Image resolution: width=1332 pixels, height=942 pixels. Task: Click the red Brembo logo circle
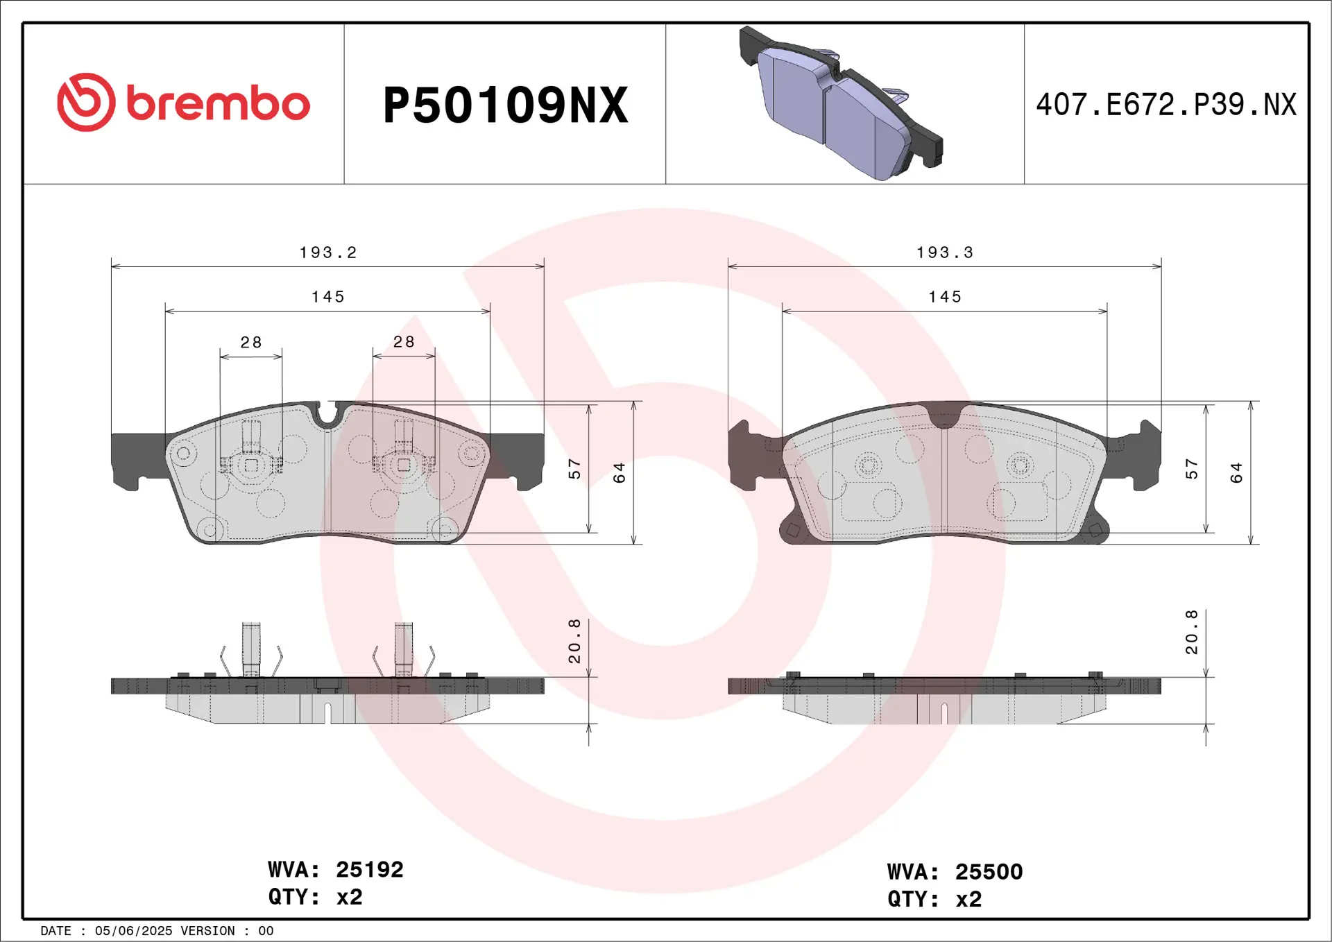pos(86,103)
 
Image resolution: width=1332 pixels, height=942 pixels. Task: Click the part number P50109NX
pos(505,105)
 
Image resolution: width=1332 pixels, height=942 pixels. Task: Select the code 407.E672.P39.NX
pos(1165,105)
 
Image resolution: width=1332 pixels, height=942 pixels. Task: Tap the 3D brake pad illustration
pos(841,104)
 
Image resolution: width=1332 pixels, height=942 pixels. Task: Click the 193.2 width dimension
pos(327,252)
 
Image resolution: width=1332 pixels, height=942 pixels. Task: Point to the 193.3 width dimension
pos(944,252)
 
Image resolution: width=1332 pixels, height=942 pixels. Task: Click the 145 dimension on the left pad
pos(327,297)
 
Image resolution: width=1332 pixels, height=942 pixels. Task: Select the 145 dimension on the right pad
pos(944,297)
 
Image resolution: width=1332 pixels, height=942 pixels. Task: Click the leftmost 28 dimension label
pos(250,342)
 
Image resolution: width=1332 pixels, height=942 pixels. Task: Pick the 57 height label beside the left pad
pos(574,469)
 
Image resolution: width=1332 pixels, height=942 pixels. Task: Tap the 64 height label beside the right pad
pos(1236,473)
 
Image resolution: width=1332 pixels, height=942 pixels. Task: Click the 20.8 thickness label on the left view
pos(574,642)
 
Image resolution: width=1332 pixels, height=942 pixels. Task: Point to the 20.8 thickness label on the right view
pos(1191,633)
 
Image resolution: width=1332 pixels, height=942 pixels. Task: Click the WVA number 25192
pos(369,869)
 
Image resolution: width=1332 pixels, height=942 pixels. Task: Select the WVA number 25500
pos(989,872)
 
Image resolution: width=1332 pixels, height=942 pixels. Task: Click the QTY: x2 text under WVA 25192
pos(315,897)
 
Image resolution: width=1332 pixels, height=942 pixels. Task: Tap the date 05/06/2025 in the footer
pos(133,931)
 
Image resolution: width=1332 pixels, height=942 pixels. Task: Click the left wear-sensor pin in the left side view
pos(251,648)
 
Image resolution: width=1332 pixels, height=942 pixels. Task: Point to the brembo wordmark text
pos(218,104)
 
